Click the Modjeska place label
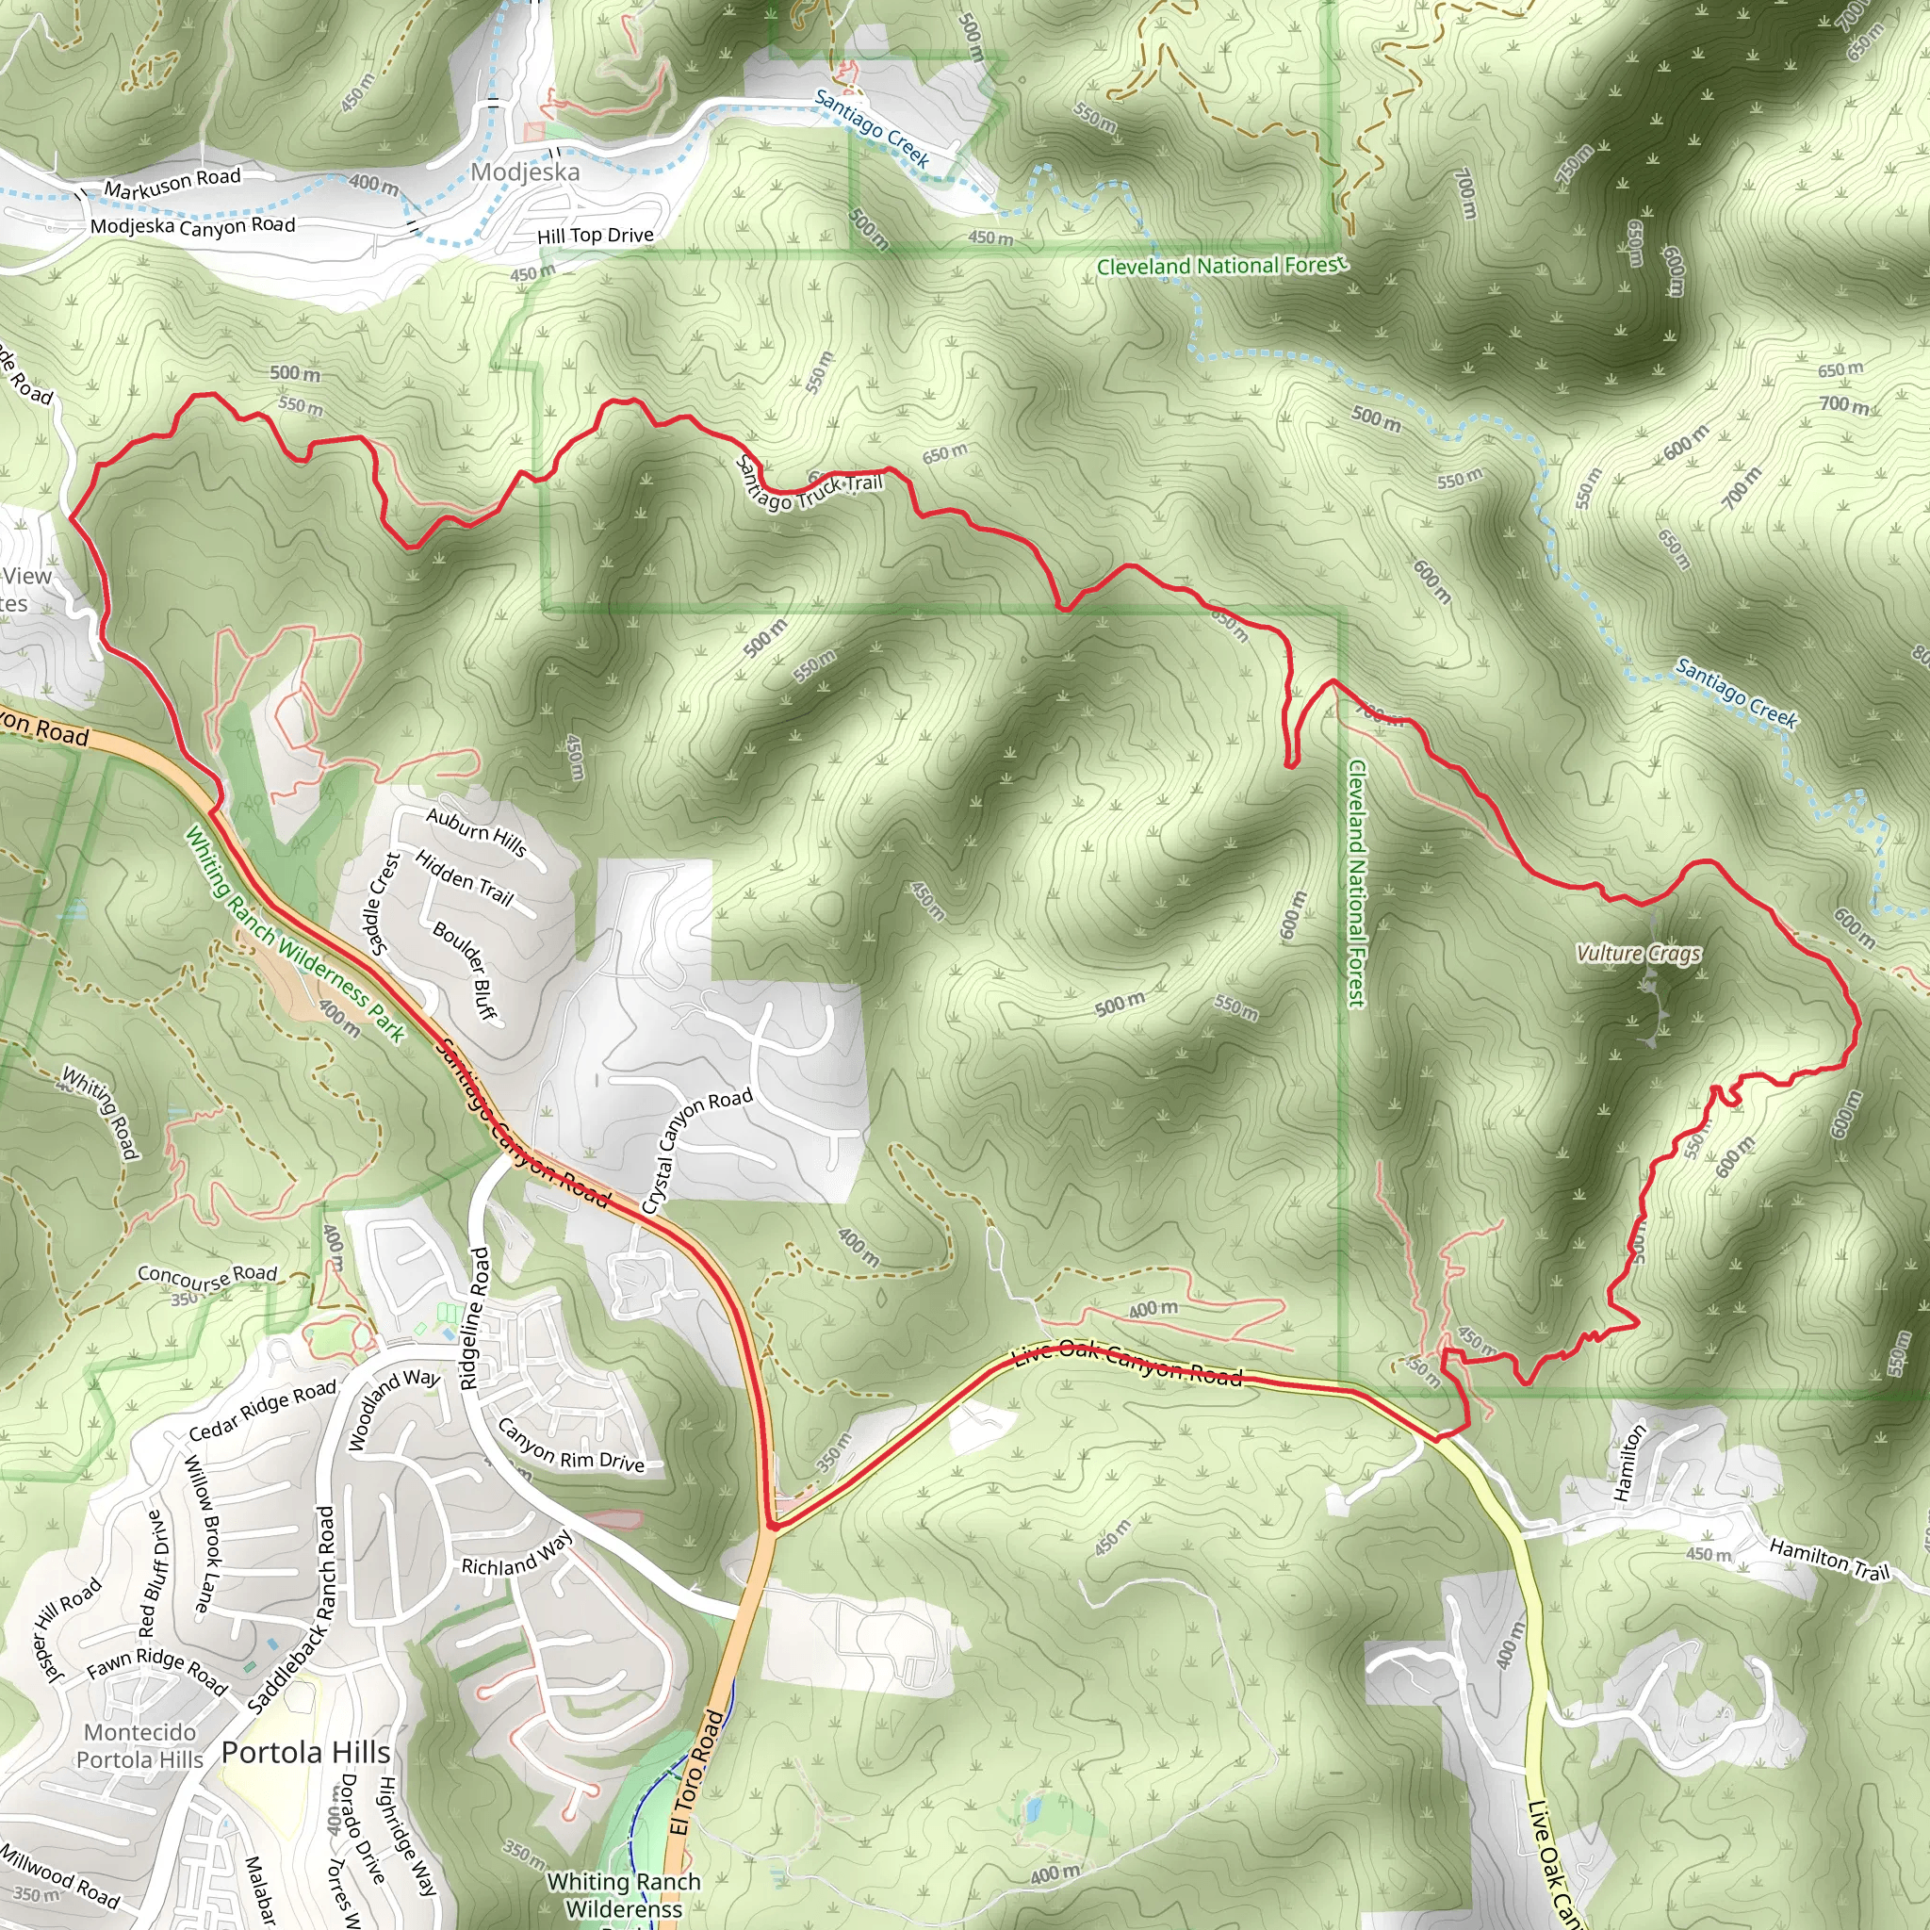[x=525, y=172]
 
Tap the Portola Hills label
[x=305, y=1752]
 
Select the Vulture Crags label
[x=1638, y=953]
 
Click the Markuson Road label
[x=172, y=183]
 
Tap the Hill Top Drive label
[x=596, y=236]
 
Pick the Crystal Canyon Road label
[x=696, y=1150]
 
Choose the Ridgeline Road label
[x=477, y=1317]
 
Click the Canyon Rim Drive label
[x=570, y=1447]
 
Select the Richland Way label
[x=516, y=1555]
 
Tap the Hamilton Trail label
[x=1829, y=1560]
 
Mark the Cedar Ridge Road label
[x=262, y=1411]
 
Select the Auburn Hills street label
[x=477, y=830]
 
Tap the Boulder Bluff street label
[x=465, y=970]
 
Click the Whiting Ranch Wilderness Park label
[x=295, y=935]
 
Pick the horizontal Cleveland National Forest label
[x=1221, y=266]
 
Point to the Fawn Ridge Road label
[x=156, y=1668]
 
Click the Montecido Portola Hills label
[x=139, y=1746]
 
